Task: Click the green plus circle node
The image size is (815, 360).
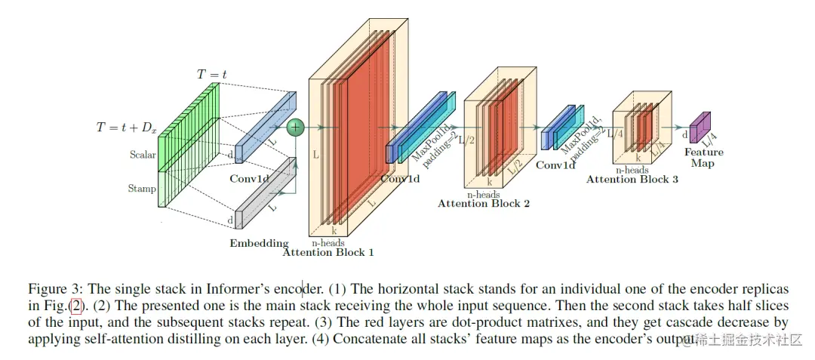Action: pyautogui.click(x=296, y=128)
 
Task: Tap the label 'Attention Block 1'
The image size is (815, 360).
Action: pyautogui.click(x=328, y=253)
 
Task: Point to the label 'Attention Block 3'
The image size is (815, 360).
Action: pyautogui.click(x=632, y=180)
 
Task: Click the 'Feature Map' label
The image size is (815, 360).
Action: pyautogui.click(x=699, y=158)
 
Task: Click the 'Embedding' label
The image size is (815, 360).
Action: pyautogui.click(x=259, y=243)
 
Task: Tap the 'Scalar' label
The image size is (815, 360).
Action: pyautogui.click(x=142, y=155)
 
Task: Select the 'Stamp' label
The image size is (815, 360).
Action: pyautogui.click(x=142, y=189)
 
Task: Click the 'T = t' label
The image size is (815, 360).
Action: pyautogui.click(x=212, y=74)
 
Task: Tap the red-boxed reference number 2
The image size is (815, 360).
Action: pyautogui.click(x=75, y=306)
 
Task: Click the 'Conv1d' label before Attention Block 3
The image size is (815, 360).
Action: pyautogui.click(x=555, y=165)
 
